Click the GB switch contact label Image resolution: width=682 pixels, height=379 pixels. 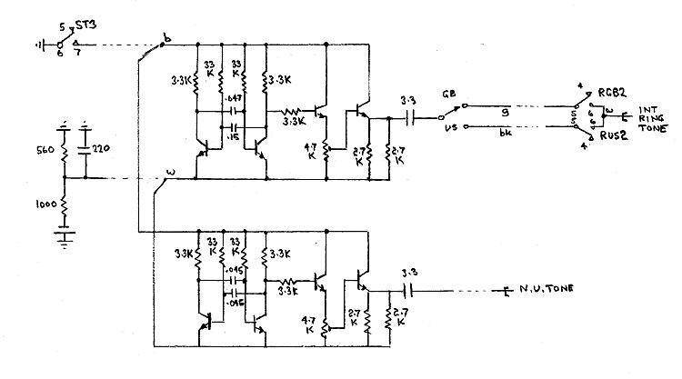[x=448, y=95]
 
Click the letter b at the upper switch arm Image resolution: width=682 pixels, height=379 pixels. [x=164, y=39]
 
